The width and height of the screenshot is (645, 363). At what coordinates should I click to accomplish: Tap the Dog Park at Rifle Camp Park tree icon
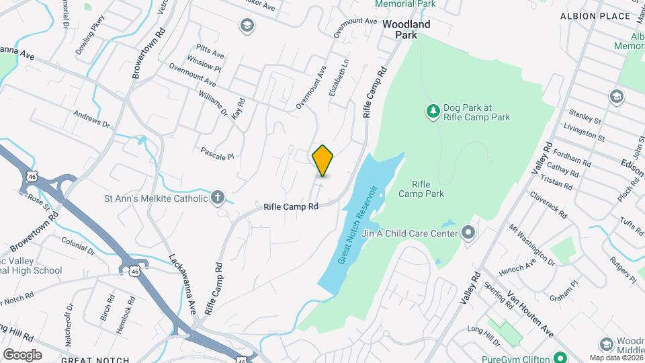point(434,110)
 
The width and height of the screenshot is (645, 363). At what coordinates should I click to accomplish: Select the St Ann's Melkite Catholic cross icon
point(217,198)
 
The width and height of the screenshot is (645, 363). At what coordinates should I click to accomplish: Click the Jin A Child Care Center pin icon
point(468,233)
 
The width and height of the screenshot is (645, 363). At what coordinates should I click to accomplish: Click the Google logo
point(22,355)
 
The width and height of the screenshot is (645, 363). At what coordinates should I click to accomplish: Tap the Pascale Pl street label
point(217,153)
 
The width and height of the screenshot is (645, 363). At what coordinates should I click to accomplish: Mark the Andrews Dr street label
point(91,119)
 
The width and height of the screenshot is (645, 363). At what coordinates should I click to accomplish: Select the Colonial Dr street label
point(77,241)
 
